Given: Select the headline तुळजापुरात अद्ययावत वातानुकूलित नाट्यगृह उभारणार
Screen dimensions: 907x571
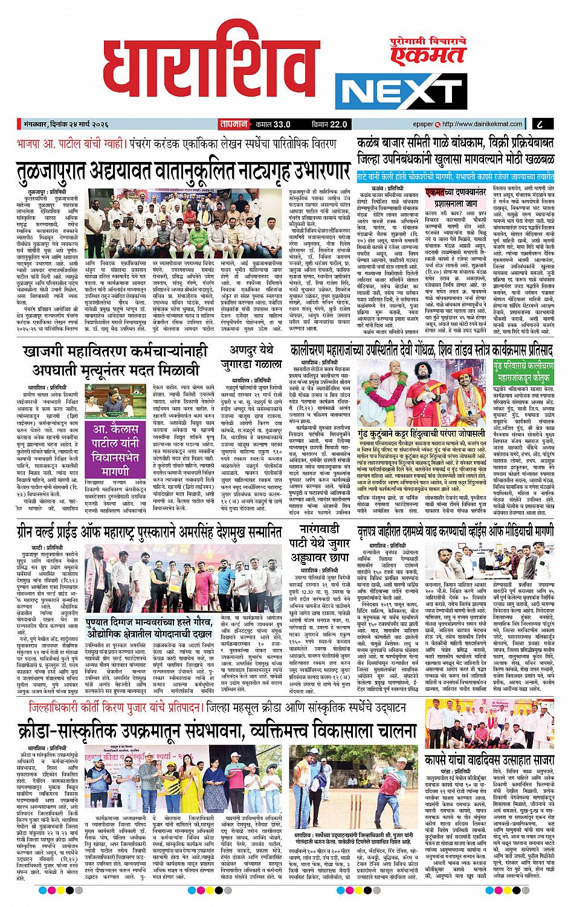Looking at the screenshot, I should pos(181,170).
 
